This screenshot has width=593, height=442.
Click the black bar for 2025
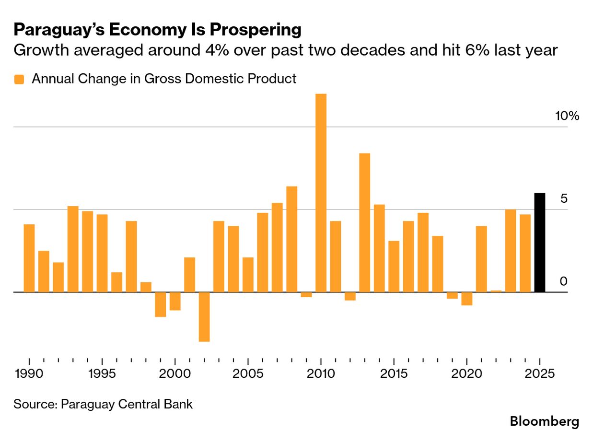pos(539,243)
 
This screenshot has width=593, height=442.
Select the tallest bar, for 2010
pos(321,193)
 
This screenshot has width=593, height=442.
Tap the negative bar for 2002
pos(204,317)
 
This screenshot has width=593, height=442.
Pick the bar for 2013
pos(364,222)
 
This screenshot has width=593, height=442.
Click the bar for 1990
pos(29,258)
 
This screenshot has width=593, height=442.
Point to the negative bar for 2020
pos(466,299)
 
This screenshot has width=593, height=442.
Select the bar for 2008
pos(291,239)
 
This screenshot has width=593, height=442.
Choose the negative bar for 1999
pos(160,304)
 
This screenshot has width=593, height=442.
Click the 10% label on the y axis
pos(567,116)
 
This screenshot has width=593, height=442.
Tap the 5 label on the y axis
pos(564,199)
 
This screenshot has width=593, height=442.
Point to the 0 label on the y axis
pos(563,281)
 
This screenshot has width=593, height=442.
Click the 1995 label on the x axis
pos(102,374)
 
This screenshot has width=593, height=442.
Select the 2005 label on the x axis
pos(248,374)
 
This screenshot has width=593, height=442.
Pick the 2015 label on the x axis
pos(394,374)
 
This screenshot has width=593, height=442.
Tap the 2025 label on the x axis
pos(540,374)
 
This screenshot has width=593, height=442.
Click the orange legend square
pos(19,80)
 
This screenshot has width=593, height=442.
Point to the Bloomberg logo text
pos(544,422)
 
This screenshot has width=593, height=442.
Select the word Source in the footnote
pos(34,404)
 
